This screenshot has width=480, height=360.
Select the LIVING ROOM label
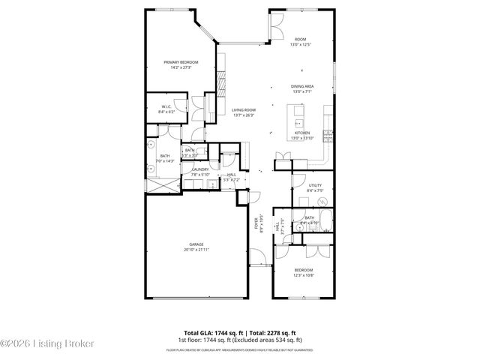pos(243,110)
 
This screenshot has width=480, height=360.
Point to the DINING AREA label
pos(301,86)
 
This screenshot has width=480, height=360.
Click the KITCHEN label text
pos(301,133)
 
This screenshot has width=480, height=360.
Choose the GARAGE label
pos(196,245)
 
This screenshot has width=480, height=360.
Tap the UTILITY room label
pos(315,185)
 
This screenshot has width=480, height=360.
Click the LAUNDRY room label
pos(200,169)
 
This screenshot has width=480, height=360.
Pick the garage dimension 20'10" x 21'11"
pos(196,250)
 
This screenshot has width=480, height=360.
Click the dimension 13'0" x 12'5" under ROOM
pos(300,44)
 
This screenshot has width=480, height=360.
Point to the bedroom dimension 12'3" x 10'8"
pos(303,274)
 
